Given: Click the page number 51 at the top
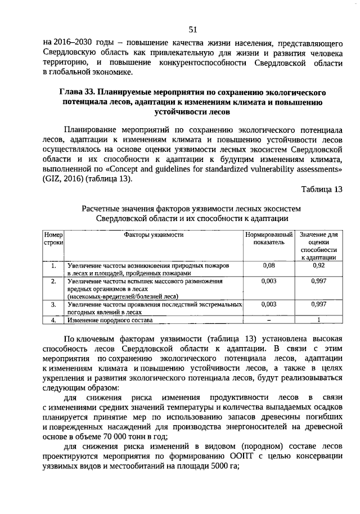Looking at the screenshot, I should pos(193,29).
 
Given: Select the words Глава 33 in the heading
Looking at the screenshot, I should pos(79,92).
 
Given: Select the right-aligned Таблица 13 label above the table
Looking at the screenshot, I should pos(321,189).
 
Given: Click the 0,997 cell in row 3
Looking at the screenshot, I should pos(318,304).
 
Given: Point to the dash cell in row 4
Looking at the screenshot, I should pos(269,320).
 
